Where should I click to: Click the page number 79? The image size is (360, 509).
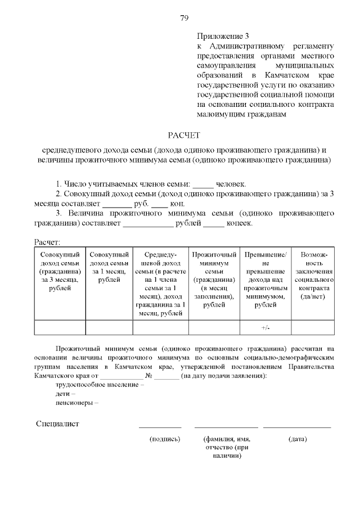pyautogui.click(x=183, y=18)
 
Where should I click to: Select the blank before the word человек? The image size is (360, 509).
pyautogui.click(x=204, y=184)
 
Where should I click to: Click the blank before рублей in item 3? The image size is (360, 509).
pyautogui.click(x=147, y=223)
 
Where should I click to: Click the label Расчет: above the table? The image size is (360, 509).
pyautogui.click(x=47, y=242)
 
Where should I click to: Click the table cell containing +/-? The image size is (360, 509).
pyautogui.click(x=265, y=327)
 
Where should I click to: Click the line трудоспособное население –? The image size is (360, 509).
pyautogui.click(x=100, y=385)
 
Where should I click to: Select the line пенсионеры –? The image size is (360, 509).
pyautogui.click(x=77, y=403)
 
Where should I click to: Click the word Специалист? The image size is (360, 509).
pyautogui.click(x=57, y=424)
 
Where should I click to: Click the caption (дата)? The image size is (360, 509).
pyautogui.click(x=297, y=439)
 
